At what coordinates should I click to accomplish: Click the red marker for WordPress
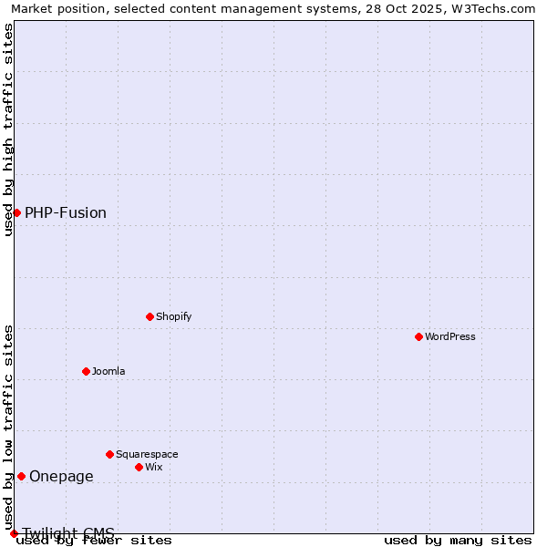[x=418, y=336]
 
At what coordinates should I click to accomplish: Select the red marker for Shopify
[x=150, y=316]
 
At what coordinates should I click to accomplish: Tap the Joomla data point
[x=86, y=371]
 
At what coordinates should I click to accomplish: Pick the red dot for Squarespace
[x=109, y=454]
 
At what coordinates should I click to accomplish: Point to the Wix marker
[x=139, y=467]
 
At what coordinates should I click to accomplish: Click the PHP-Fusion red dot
[x=16, y=212]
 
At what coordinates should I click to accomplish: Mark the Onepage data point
[x=21, y=476]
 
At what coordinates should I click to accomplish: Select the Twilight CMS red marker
[x=14, y=533]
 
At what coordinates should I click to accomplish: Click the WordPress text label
[x=450, y=336]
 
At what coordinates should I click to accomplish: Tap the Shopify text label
[x=173, y=316]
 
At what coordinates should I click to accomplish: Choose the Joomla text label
[x=108, y=371]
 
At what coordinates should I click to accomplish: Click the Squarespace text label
[x=147, y=454]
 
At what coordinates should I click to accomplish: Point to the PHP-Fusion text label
[x=66, y=213]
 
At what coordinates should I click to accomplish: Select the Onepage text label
[x=61, y=476]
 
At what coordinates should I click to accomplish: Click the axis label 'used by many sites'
[x=458, y=540]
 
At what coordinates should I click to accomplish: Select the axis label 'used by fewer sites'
[x=94, y=540]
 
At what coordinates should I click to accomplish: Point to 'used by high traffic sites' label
[x=8, y=129]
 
